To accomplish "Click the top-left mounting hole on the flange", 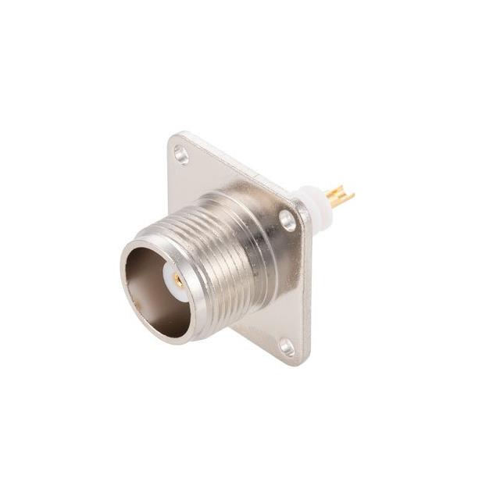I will (x=181, y=155).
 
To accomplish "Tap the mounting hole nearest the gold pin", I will (x=288, y=220).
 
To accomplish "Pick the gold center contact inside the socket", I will (x=179, y=280).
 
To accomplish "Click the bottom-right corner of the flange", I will (x=303, y=362).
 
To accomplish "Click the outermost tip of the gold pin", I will (x=352, y=192).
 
